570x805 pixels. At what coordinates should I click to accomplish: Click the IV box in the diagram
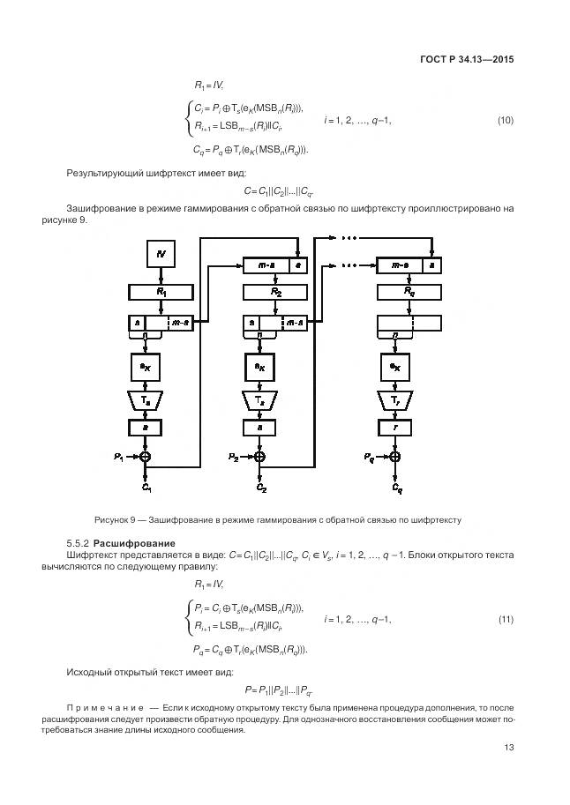161,255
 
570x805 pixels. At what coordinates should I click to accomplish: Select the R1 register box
161,290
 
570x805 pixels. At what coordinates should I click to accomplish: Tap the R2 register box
275,290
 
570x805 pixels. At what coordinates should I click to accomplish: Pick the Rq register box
409,290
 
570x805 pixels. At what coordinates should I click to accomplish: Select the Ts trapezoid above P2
259,399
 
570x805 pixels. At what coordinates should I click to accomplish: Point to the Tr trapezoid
394,399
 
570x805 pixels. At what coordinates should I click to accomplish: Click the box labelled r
394,427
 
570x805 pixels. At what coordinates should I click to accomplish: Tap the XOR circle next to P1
146,456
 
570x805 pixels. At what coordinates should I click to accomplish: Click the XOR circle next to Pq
394,456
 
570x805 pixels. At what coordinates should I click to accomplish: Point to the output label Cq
396,487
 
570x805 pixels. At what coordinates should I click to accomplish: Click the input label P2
233,457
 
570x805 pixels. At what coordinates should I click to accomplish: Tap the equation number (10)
506,120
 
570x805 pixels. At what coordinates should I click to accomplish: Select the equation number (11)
506,619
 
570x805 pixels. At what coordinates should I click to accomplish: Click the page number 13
508,748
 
